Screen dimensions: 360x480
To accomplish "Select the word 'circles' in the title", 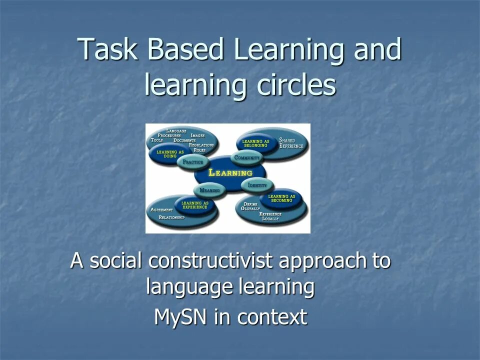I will point(296,85).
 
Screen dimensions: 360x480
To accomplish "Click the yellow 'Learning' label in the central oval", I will point(230,173).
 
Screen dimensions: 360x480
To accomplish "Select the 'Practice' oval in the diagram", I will point(193,162).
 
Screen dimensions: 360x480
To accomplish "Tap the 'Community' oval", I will point(247,158).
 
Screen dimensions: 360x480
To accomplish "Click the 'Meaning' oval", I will point(209,190).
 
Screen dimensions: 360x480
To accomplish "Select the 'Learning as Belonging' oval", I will point(255,142).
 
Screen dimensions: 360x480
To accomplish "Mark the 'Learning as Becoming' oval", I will point(281,198).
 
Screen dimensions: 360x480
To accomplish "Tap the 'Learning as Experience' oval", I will point(194,204).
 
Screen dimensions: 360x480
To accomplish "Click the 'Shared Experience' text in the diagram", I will point(291,143).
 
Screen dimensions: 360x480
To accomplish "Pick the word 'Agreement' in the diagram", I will point(161,210).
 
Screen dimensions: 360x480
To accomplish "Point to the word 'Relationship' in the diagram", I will point(171,218).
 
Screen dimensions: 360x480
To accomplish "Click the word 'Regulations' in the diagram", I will point(201,145).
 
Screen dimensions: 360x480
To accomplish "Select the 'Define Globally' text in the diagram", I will point(250,206).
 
